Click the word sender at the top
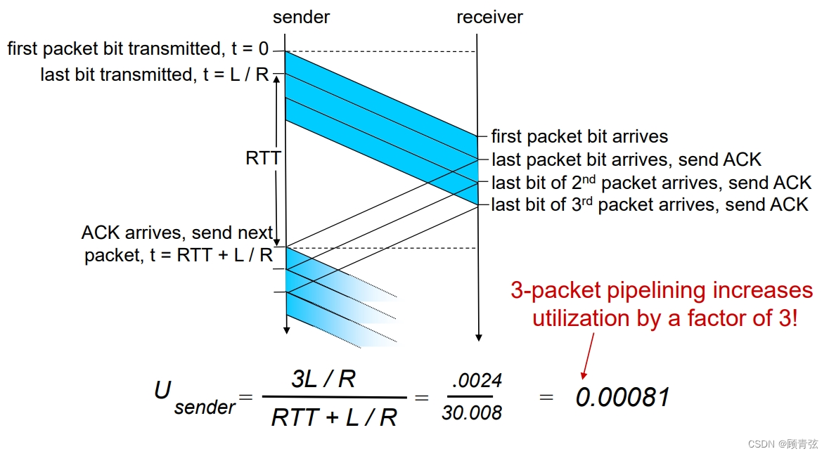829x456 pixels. [301, 17]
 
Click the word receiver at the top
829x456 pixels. [489, 17]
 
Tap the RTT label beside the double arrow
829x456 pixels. [262, 158]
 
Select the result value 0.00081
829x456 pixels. [622, 398]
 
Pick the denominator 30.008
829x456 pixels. [471, 413]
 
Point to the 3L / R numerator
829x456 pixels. [323, 379]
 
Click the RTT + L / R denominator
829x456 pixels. [334, 417]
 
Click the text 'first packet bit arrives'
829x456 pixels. [579, 136]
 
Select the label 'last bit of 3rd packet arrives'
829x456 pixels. [650, 204]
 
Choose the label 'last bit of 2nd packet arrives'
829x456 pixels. [651, 183]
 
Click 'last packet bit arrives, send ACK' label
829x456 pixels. [626, 159]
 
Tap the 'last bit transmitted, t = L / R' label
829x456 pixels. [155, 74]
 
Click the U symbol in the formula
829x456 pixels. [163, 390]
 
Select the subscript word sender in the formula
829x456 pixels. [205, 407]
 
